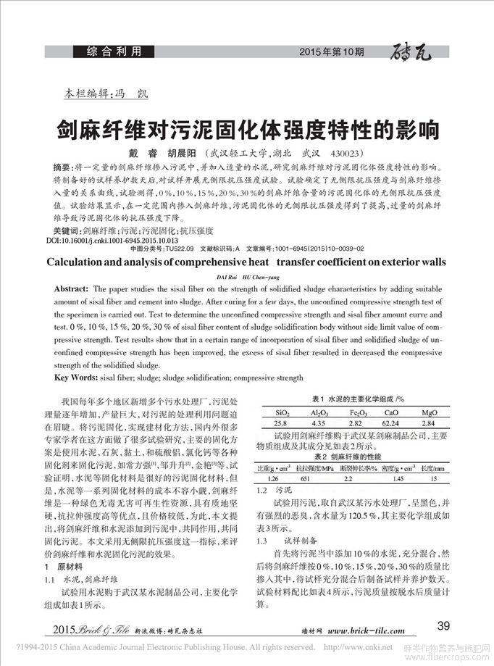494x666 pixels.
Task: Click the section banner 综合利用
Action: [120, 51]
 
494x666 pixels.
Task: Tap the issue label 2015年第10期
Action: [332, 52]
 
